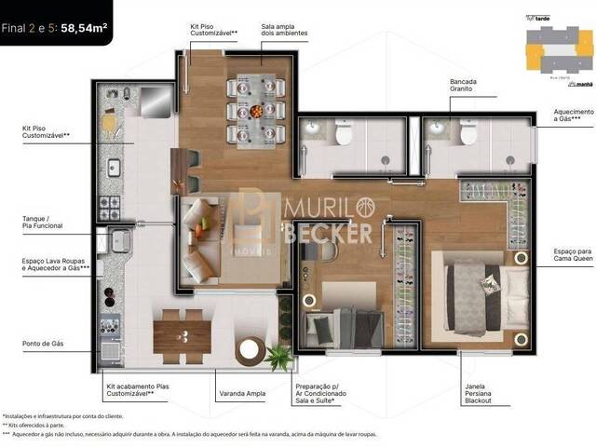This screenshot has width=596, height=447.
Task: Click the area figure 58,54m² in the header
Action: click(85, 27)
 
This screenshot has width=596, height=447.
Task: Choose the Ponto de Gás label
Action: click(43, 344)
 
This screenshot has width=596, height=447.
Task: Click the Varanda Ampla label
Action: click(240, 394)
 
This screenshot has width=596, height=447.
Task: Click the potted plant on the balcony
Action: click(277, 355)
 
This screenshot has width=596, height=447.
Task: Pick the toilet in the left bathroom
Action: click(342, 137)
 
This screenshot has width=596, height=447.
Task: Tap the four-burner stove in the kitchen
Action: click(111, 206)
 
